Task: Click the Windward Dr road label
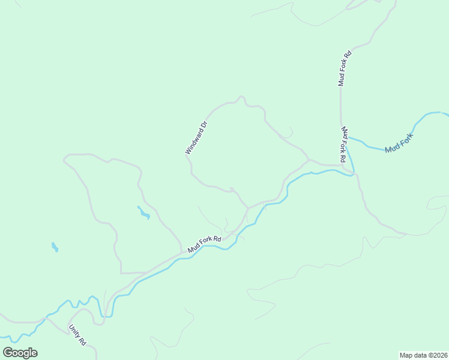[196, 138]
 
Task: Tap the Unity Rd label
[78, 334]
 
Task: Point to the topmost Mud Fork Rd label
[344, 68]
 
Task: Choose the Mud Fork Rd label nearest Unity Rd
[204, 244]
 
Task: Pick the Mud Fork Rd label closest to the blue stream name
[343, 145]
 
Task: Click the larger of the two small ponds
[143, 212]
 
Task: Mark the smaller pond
[55, 247]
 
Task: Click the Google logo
[20, 353]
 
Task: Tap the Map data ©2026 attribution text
[423, 355]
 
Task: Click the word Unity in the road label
[74, 330]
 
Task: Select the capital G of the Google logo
[8, 352]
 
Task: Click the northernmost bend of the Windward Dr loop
[241, 97]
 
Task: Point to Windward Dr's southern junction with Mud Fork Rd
[248, 209]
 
